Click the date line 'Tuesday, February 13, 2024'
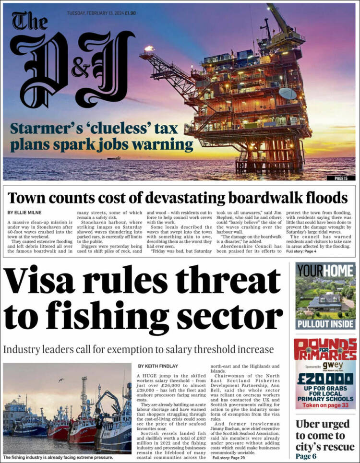click(x=94, y=13)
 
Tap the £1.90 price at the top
click(x=130, y=13)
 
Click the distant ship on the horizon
click(x=114, y=157)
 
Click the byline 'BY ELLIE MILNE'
click(x=24, y=212)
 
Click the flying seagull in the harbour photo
click(x=61, y=380)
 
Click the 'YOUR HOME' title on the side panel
click(x=325, y=271)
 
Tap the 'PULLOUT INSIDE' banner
click(x=325, y=324)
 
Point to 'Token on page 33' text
click(x=325, y=405)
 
